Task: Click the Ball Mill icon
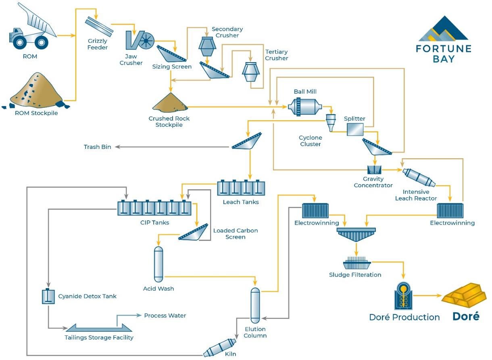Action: [x=304, y=107]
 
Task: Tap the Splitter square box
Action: [x=355, y=130]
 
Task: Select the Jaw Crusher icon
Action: [x=140, y=40]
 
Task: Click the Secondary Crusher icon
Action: [x=207, y=46]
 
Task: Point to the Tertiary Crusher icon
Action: [x=251, y=72]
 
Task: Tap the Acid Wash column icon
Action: [x=158, y=264]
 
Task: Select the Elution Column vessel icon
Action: [x=255, y=306]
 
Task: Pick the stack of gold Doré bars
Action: [x=464, y=295]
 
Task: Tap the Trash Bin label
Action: [x=97, y=147]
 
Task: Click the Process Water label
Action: [x=165, y=316]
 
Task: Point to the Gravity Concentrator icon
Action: [x=375, y=170]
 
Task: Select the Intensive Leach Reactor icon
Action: [x=419, y=178]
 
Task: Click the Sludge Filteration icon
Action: [x=356, y=263]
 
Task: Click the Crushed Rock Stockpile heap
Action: [x=170, y=103]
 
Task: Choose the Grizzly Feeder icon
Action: [x=99, y=27]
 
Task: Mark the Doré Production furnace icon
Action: [x=404, y=296]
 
